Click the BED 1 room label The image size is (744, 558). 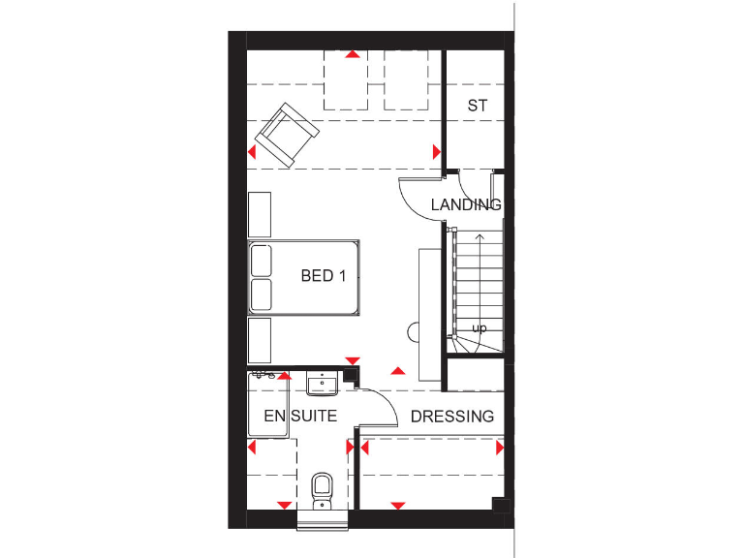point(323,276)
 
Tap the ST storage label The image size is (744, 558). point(477,106)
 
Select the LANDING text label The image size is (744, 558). point(466,204)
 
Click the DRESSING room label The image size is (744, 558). point(452,417)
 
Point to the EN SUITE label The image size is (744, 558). point(300,417)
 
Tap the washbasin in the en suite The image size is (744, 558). point(322,386)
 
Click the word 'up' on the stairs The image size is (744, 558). point(479,328)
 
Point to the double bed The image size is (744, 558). point(306,276)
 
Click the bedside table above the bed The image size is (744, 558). point(260,214)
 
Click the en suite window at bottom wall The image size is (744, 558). point(322,519)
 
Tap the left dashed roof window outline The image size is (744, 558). point(347,81)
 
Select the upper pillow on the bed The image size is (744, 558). point(261,261)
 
